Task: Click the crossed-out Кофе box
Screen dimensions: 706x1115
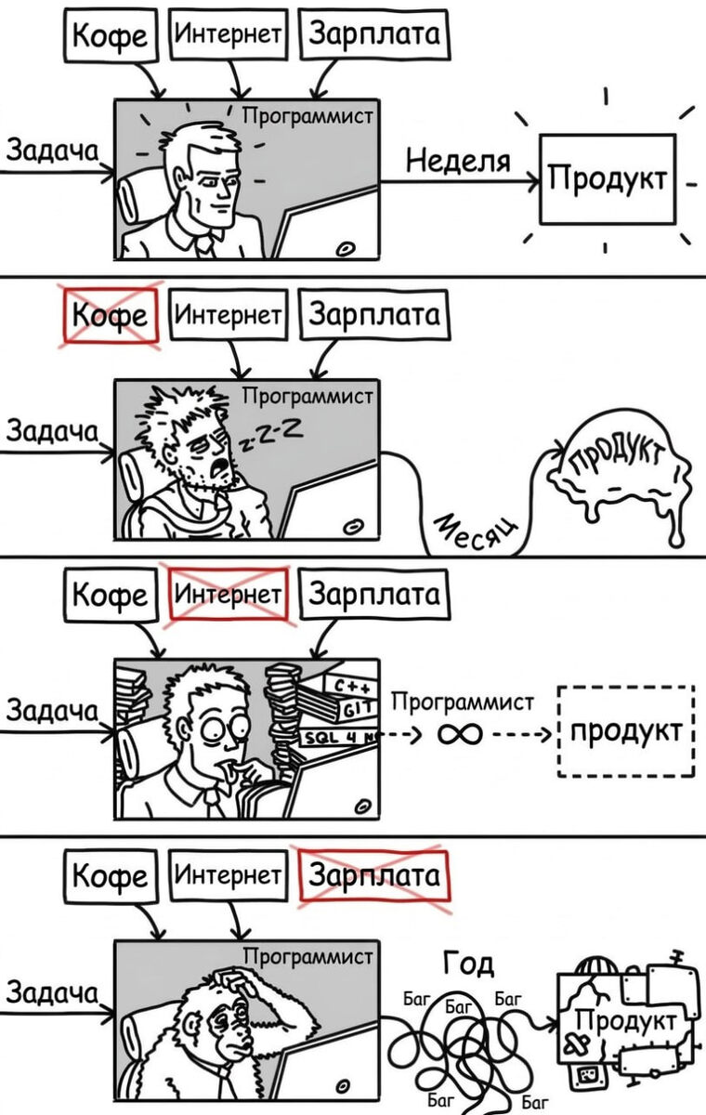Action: point(110,316)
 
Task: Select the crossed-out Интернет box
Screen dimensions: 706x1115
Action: point(229,593)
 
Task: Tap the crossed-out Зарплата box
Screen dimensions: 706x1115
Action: point(373,875)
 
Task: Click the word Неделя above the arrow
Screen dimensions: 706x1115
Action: point(458,162)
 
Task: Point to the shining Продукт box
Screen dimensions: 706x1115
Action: point(608,178)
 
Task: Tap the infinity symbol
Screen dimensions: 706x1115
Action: point(460,735)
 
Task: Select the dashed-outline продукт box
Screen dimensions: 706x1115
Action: point(625,731)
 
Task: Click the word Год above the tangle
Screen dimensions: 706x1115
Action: point(469,964)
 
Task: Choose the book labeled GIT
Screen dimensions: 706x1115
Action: point(352,710)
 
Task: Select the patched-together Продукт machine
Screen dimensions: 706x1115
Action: point(624,1022)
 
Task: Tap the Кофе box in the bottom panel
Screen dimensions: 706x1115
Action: point(110,875)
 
